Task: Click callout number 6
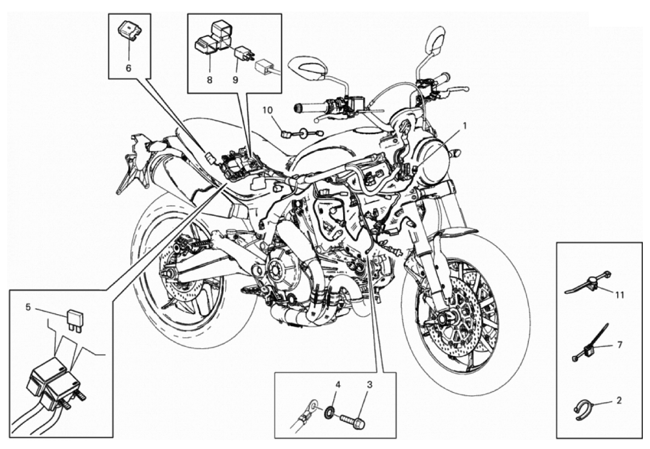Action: click(x=128, y=67)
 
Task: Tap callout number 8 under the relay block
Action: click(x=209, y=79)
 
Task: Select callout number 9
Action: click(x=236, y=79)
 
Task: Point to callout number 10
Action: click(x=267, y=110)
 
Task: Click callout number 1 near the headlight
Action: click(x=465, y=125)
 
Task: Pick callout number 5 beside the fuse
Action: click(x=28, y=307)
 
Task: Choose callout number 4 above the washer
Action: click(x=338, y=385)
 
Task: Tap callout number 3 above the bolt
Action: click(x=370, y=385)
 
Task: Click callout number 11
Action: click(x=619, y=295)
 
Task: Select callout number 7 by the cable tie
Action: click(x=620, y=344)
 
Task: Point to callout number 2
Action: click(x=619, y=401)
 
